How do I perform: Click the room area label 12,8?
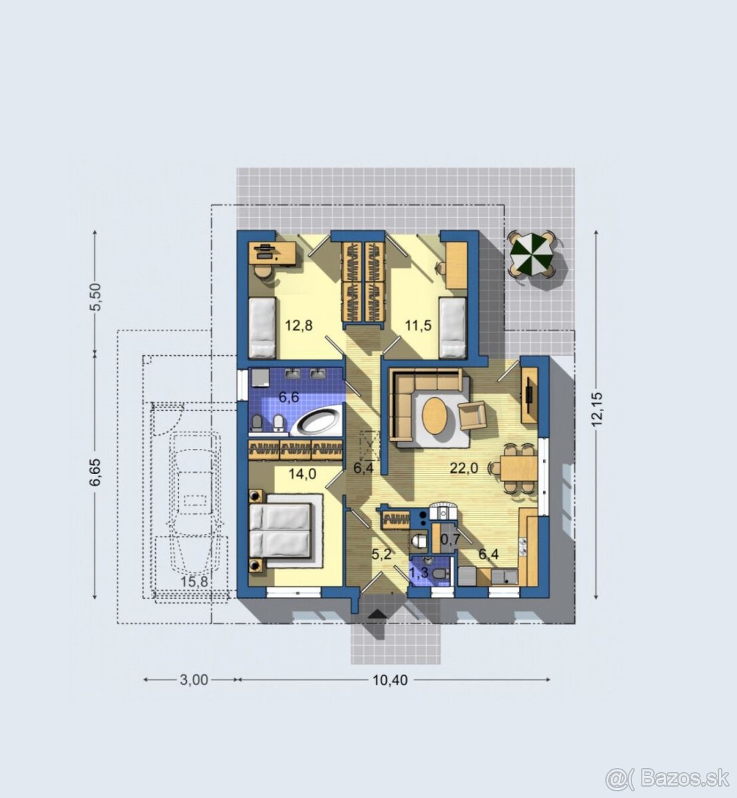point(298,325)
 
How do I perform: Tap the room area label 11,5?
point(418,325)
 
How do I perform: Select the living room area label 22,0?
point(463,468)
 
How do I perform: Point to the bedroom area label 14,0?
point(302,474)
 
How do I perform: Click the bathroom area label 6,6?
point(289,398)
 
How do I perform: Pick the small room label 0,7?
point(450,539)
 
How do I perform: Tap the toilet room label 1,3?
point(419,573)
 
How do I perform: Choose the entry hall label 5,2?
point(381,555)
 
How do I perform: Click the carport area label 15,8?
point(194,581)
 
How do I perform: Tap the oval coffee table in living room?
point(435,416)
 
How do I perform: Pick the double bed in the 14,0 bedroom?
point(280,531)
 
